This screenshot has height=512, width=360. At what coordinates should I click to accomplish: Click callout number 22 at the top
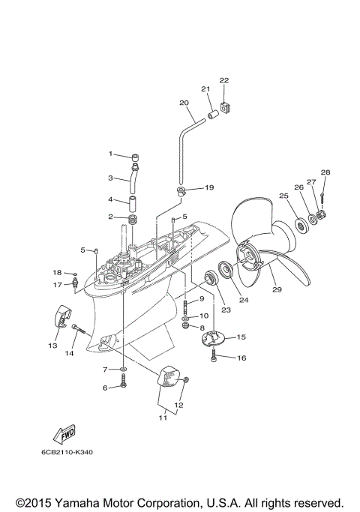(223, 80)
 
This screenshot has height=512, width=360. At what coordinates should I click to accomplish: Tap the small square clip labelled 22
(225, 106)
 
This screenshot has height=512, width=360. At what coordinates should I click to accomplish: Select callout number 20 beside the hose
(184, 102)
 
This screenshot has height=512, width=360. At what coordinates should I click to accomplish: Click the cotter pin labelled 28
(322, 197)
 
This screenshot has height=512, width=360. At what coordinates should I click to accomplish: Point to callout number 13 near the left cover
(52, 346)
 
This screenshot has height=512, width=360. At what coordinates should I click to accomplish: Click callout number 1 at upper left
(110, 154)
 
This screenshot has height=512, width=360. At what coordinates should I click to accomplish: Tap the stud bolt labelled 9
(184, 306)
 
